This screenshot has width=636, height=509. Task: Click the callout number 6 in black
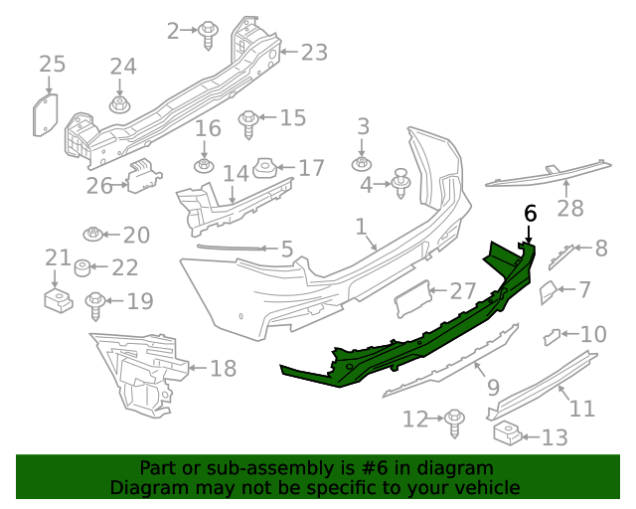[x=530, y=213]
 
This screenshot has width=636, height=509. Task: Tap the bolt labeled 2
[x=209, y=34]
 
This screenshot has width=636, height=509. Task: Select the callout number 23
[x=313, y=53]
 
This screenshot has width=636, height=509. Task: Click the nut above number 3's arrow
[x=362, y=162]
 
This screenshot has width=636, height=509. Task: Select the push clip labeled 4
[x=401, y=185]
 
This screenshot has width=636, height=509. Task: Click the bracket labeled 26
[x=142, y=176]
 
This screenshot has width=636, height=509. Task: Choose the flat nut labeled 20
[x=92, y=235]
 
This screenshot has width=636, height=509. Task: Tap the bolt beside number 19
[x=96, y=303]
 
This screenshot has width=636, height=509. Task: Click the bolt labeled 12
[x=454, y=421]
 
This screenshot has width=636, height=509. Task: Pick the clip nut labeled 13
[x=506, y=433]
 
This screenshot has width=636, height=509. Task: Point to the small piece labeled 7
[x=548, y=291]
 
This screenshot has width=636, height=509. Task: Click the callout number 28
[x=570, y=209]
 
